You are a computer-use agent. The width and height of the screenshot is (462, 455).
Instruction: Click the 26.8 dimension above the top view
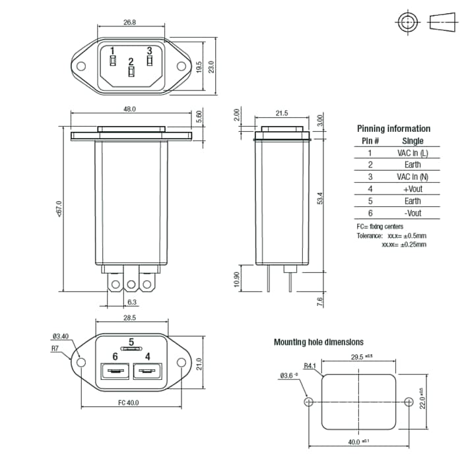129,22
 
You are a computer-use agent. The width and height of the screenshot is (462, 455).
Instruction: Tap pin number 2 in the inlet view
131,61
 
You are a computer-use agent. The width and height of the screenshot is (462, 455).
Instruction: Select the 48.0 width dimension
129,109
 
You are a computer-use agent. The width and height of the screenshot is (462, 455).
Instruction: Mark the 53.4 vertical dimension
320,198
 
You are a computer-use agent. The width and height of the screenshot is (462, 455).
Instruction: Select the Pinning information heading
393,129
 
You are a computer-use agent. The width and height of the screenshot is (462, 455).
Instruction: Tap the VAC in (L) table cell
412,153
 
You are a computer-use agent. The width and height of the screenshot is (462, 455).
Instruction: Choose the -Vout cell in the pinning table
412,213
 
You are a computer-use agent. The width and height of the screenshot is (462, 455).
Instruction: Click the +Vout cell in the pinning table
412,189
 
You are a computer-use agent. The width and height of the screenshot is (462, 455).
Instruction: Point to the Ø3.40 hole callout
61,336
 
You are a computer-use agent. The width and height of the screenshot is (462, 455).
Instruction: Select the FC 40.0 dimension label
129,402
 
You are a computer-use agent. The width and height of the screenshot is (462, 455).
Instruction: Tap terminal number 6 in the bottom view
115,356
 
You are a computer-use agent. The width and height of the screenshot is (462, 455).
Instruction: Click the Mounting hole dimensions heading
318,342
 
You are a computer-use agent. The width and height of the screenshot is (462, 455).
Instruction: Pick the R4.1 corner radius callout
310,365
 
